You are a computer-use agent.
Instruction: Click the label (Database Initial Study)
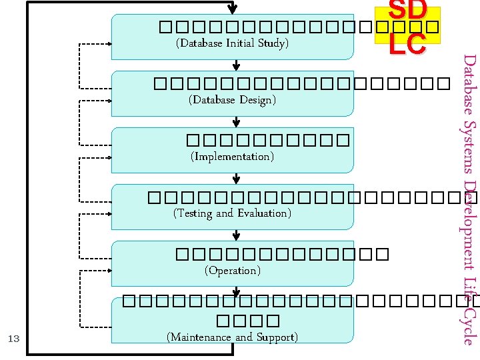(231, 43)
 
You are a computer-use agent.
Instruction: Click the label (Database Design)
(232, 100)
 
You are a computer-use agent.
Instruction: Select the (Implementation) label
(231, 157)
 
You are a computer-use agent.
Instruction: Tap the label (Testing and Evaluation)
(231, 213)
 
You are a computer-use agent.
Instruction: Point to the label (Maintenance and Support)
(231, 337)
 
